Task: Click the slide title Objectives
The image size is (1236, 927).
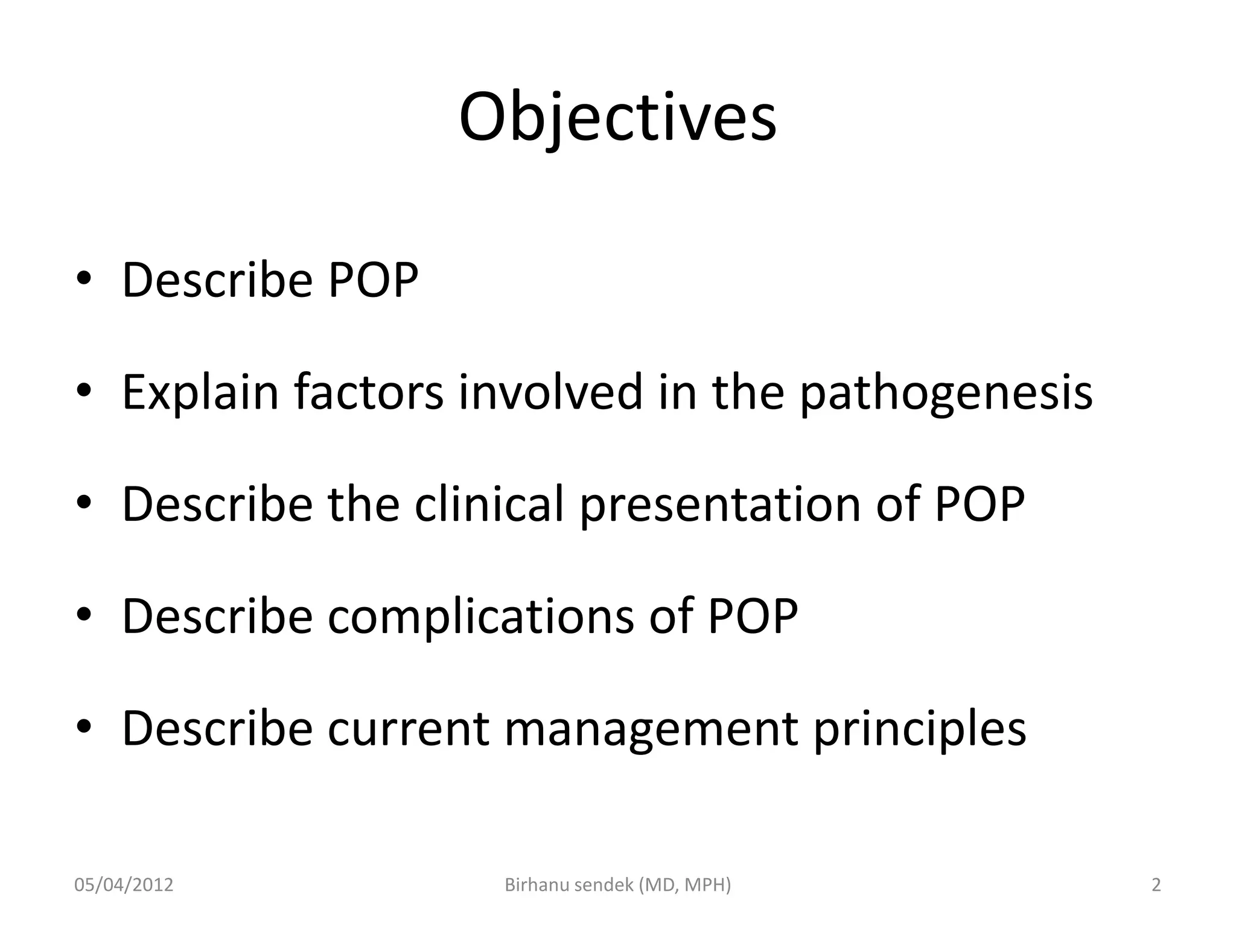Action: click(x=617, y=118)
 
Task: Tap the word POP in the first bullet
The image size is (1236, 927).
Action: click(x=372, y=280)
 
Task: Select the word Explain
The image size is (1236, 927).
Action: click(x=200, y=392)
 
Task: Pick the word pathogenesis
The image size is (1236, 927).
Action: click(x=946, y=392)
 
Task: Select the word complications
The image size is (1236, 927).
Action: click(x=480, y=616)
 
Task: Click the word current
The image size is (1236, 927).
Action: click(x=408, y=728)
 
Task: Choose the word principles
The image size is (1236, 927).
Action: click(x=919, y=728)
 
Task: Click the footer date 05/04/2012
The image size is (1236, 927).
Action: click(x=124, y=885)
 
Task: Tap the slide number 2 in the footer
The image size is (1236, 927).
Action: click(x=1156, y=885)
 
